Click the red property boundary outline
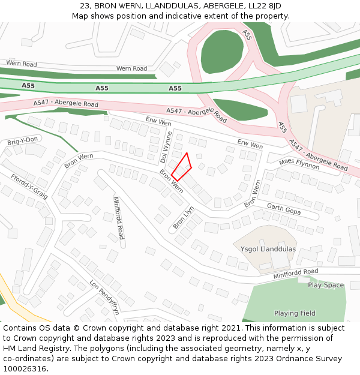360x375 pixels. [x=182, y=167]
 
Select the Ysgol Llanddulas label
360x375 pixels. [x=268, y=249]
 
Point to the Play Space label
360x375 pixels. [x=326, y=285]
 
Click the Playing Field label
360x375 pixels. [x=295, y=313]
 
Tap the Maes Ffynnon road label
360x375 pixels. [x=299, y=163]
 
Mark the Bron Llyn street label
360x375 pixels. [x=184, y=218]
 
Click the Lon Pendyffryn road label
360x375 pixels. [x=104, y=297]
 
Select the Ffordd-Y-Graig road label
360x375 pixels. [x=29, y=186]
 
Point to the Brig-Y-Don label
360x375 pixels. [x=23, y=140]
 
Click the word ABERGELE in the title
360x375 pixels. [x=223, y=6]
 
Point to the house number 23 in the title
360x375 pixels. [x=85, y=6]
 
